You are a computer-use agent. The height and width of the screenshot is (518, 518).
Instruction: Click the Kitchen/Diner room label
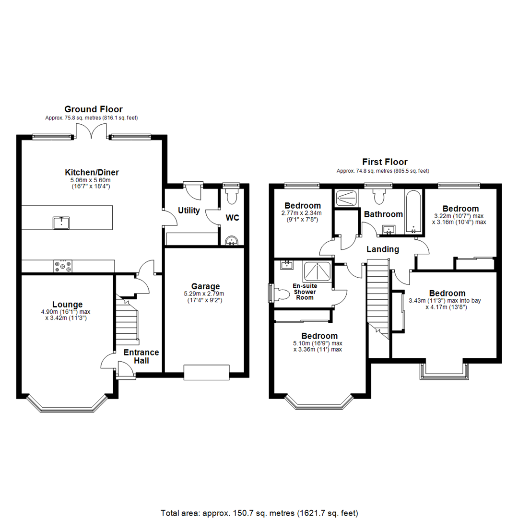coord(92,172)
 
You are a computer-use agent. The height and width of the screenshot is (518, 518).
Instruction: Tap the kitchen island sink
coord(61,223)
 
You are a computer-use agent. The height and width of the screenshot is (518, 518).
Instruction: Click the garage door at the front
coord(206,372)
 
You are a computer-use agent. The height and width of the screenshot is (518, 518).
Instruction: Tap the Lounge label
coord(68,304)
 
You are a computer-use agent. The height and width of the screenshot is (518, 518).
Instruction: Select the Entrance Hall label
coord(141,356)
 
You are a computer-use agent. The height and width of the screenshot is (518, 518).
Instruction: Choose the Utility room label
coord(188,211)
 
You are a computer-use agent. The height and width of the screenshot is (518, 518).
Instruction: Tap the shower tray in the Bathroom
coord(347,198)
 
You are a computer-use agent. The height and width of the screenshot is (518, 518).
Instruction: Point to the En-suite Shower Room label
coord(305,292)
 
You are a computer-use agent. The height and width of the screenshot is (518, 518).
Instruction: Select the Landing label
coord(383,249)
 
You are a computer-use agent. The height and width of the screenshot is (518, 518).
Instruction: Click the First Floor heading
coord(385,162)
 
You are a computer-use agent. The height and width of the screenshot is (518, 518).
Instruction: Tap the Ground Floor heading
coord(94,109)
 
